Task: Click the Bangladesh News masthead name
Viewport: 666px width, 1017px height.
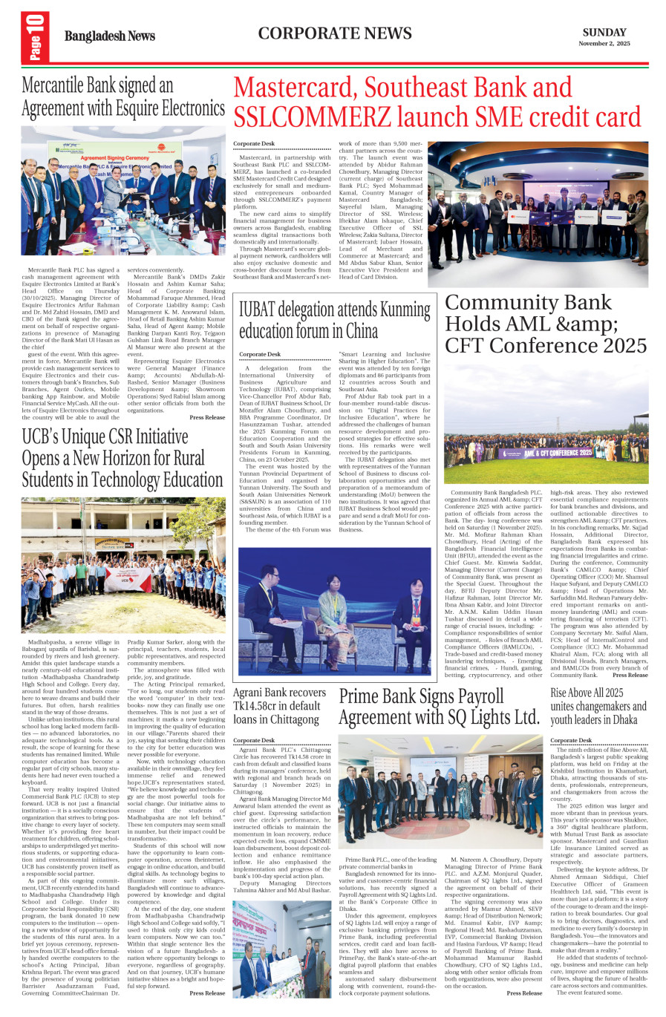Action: point(110,36)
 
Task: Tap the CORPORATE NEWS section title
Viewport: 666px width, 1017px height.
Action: point(335,33)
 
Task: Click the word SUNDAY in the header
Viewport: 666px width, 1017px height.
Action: point(604,32)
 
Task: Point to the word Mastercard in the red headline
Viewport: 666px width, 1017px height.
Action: point(296,88)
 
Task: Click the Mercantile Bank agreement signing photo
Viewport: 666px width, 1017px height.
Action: point(113,191)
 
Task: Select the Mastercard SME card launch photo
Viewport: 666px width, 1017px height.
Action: point(538,214)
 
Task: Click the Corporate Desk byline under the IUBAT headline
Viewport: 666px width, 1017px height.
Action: point(260,355)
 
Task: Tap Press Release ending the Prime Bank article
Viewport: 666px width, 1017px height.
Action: point(524,993)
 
